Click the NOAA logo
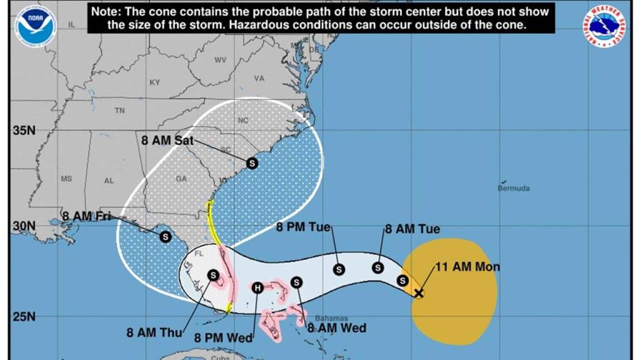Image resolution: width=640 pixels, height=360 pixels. [35, 26]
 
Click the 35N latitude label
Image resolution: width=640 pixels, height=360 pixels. [24, 131]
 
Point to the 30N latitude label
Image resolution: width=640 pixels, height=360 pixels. [24, 226]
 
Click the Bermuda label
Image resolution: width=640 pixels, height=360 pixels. [514, 189]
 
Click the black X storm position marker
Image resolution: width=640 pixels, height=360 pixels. [419, 293]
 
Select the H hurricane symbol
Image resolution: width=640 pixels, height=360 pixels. [257, 288]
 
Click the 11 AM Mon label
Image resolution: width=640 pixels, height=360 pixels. [468, 267]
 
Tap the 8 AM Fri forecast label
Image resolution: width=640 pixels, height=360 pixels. [87, 216]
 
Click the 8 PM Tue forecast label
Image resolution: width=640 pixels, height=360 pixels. [304, 228]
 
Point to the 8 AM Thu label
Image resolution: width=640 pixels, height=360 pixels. [154, 332]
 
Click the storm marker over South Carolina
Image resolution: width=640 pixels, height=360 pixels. [251, 164]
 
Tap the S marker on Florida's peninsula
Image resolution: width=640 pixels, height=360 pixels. [213, 275]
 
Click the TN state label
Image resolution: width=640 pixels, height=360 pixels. [119, 111]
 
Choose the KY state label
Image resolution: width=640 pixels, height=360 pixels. [154, 83]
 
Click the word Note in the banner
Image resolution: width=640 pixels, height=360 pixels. [106, 12]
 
